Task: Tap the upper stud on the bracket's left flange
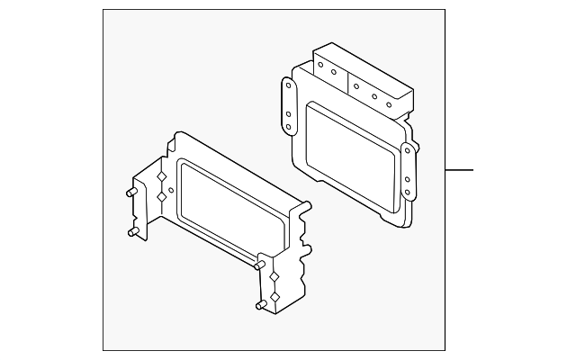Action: point(130,192)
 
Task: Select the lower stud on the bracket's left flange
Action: point(131,232)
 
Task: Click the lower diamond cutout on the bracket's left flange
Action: point(162,194)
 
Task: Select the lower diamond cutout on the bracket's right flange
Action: point(274,294)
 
